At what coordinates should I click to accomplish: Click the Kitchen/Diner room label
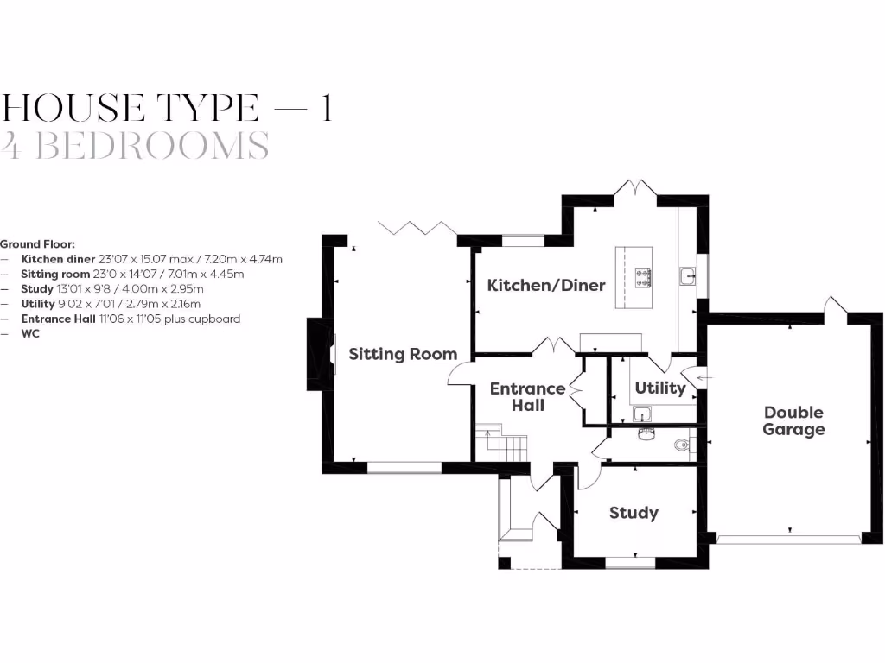click(x=546, y=285)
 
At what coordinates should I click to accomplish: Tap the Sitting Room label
click(x=403, y=354)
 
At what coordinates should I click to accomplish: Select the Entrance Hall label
click(x=527, y=396)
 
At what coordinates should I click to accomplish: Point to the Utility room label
click(x=659, y=388)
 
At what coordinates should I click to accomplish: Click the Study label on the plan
click(x=634, y=513)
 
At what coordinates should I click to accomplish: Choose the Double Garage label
click(x=793, y=420)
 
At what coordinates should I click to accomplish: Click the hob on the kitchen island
click(x=643, y=276)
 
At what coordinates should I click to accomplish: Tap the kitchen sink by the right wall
click(x=688, y=276)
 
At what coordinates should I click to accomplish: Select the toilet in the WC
click(x=683, y=446)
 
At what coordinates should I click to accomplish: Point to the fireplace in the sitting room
click(x=318, y=355)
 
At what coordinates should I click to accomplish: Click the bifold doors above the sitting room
click(x=417, y=228)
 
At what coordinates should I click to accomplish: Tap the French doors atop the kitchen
click(x=635, y=187)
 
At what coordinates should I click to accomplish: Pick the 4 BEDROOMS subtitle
click(x=135, y=146)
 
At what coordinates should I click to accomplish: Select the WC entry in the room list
click(x=31, y=333)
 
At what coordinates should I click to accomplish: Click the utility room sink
click(x=642, y=414)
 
